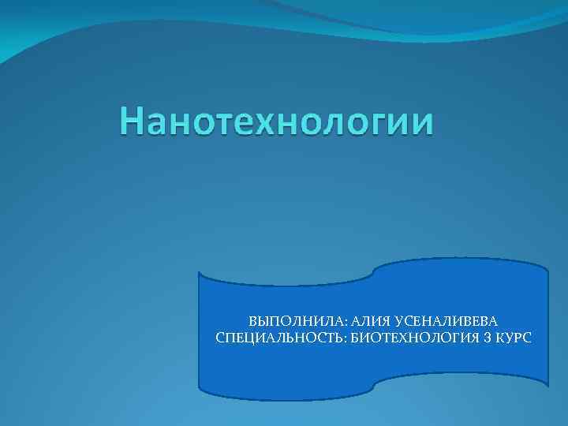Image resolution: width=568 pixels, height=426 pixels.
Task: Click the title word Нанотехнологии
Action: (276, 123)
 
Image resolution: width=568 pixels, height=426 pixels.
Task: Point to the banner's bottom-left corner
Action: (200, 387)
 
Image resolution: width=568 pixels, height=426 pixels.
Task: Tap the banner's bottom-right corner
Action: (547, 384)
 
